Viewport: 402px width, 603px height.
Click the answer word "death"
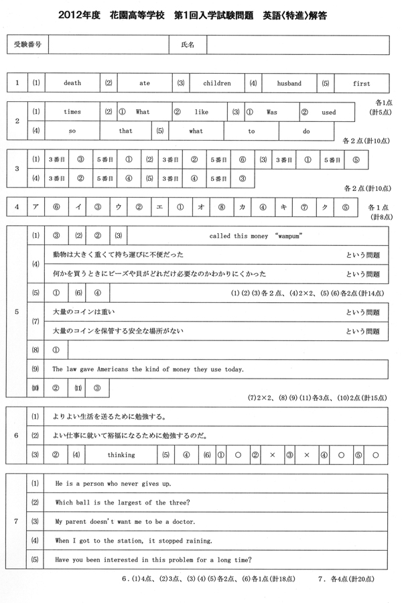[x=72, y=84]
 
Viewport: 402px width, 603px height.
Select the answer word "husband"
[x=290, y=84]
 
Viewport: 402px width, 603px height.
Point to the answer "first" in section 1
[x=361, y=84]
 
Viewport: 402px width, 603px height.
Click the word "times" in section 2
[x=72, y=113]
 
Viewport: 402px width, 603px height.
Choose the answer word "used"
[x=328, y=113]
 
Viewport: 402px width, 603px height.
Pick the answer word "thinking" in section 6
[x=121, y=455]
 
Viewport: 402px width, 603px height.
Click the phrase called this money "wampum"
[x=257, y=237]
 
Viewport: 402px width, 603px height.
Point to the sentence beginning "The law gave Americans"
[x=148, y=369]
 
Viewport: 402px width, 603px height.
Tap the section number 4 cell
[x=17, y=207]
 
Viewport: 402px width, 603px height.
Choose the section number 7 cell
[x=17, y=521]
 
